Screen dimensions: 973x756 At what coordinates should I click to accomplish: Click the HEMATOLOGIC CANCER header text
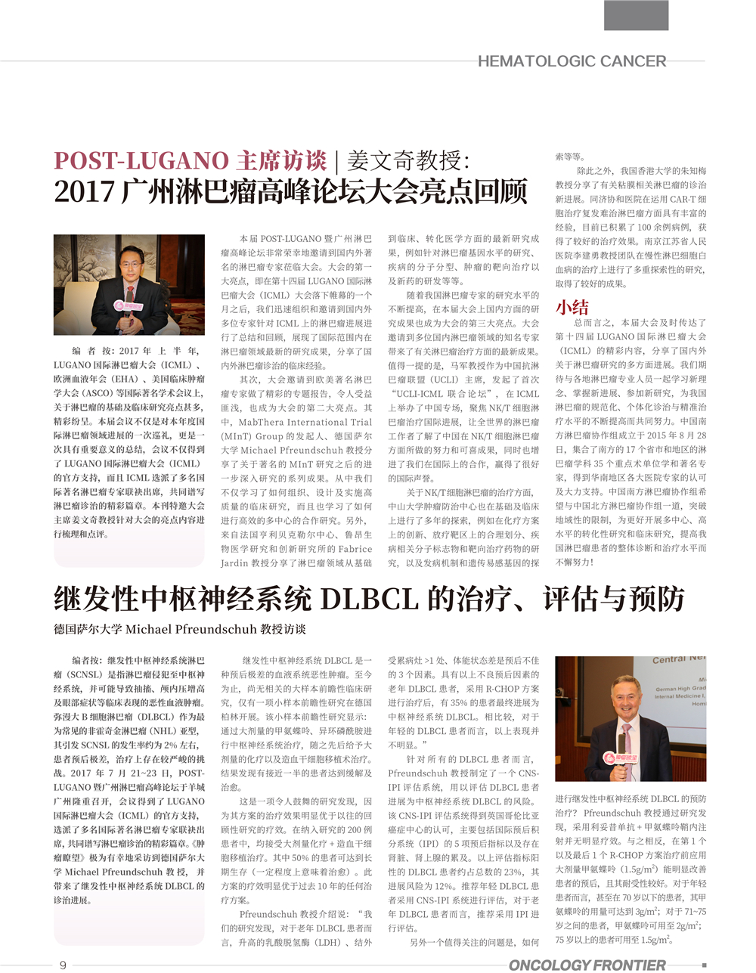coord(572,61)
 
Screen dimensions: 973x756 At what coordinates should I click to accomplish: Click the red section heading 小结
coord(572,306)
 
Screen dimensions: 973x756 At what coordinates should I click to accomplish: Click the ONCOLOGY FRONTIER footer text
coord(587,965)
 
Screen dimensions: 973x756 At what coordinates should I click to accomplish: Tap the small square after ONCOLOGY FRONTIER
coord(704,965)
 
